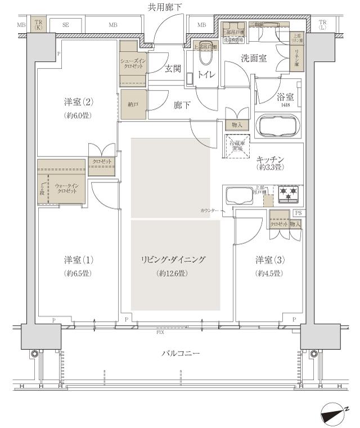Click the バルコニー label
coord(181,354)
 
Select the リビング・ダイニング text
coord(173,260)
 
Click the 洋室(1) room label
coord(78,260)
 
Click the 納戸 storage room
coord(133,104)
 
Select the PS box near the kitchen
coord(298,213)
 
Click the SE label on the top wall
coord(65,25)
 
